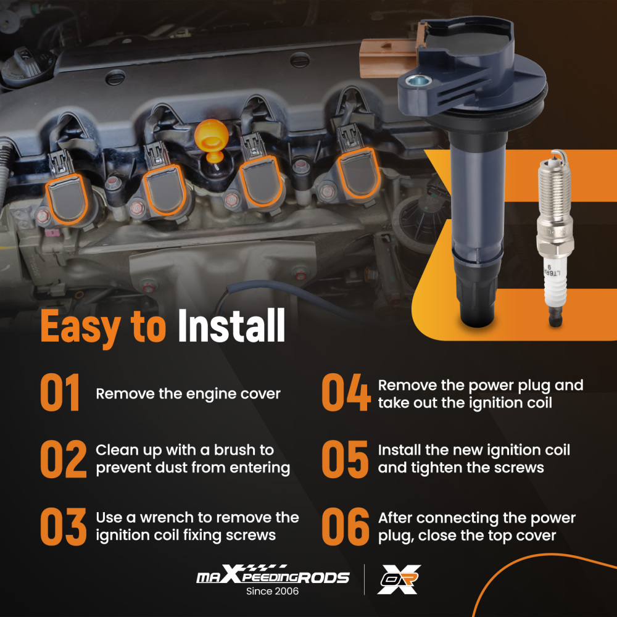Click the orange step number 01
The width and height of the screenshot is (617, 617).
(60, 392)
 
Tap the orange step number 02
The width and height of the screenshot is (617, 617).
(64, 459)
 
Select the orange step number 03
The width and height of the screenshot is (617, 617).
(64, 526)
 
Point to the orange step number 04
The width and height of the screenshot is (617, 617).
(346, 392)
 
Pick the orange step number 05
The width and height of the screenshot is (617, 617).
(345, 459)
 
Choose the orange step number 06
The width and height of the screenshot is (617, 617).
(346, 526)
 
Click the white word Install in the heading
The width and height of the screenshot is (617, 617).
(231, 325)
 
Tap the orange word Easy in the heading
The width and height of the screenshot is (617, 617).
(80, 328)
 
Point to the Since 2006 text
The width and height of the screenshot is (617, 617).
(272, 591)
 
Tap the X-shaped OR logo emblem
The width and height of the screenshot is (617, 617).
(399, 579)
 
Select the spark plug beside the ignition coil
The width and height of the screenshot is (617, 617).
(554, 238)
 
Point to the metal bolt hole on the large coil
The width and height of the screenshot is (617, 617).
(418, 81)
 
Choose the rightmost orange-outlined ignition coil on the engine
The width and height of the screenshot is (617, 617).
(358, 173)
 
